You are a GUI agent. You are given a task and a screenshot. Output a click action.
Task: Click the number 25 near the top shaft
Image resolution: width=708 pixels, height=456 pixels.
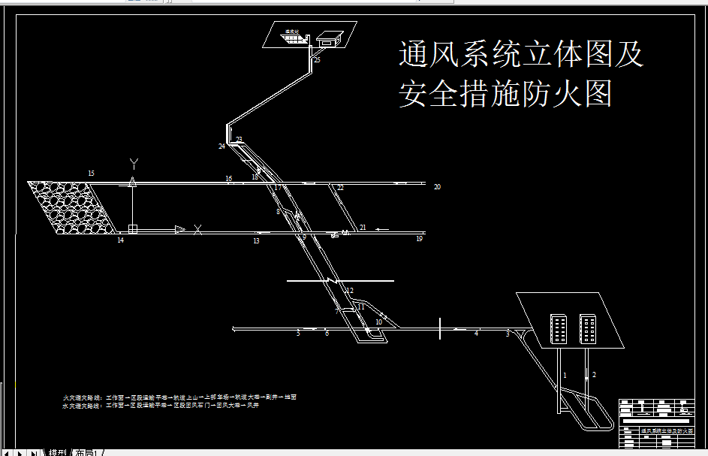[x=317, y=59]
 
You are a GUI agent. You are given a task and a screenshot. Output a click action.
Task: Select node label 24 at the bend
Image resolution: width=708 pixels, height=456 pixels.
[x=221, y=146]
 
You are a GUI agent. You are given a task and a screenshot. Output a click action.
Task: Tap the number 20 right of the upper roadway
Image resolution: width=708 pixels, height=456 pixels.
[x=437, y=187]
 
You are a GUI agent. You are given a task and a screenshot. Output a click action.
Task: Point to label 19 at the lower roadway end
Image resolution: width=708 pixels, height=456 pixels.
[x=419, y=239]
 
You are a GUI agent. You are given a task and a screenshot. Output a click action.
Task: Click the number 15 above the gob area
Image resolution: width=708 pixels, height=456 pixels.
[x=91, y=174]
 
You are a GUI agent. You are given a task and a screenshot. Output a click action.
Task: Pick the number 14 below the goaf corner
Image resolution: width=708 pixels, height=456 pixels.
[x=119, y=240]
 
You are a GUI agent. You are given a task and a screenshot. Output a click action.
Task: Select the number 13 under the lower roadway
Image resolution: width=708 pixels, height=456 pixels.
[x=256, y=241]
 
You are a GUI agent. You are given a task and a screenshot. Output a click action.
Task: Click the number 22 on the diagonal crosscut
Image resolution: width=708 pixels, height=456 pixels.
[x=340, y=188]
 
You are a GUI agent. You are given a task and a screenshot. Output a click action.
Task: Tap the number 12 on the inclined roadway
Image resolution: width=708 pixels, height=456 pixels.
[x=350, y=291]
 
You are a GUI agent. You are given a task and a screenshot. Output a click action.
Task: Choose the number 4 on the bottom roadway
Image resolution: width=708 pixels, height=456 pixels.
[x=476, y=334]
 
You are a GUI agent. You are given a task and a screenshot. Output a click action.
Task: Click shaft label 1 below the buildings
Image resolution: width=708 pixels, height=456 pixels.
[x=565, y=374]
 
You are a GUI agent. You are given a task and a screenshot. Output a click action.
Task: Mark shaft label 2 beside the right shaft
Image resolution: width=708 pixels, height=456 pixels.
[x=594, y=374]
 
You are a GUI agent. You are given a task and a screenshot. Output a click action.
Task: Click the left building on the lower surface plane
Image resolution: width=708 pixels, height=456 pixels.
[x=559, y=328]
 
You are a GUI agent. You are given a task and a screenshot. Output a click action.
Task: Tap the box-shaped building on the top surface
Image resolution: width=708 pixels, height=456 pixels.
[x=329, y=38]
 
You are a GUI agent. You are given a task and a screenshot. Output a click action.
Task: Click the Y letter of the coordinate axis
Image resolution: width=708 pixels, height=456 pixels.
[x=134, y=162]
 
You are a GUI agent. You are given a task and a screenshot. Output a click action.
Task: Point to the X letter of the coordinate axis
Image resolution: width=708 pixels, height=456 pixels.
[x=197, y=230]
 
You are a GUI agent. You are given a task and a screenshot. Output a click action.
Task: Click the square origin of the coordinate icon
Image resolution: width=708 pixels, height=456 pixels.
[x=132, y=229]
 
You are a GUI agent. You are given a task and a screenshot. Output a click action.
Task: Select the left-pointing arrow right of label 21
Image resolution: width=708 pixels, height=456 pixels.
[x=382, y=228]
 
